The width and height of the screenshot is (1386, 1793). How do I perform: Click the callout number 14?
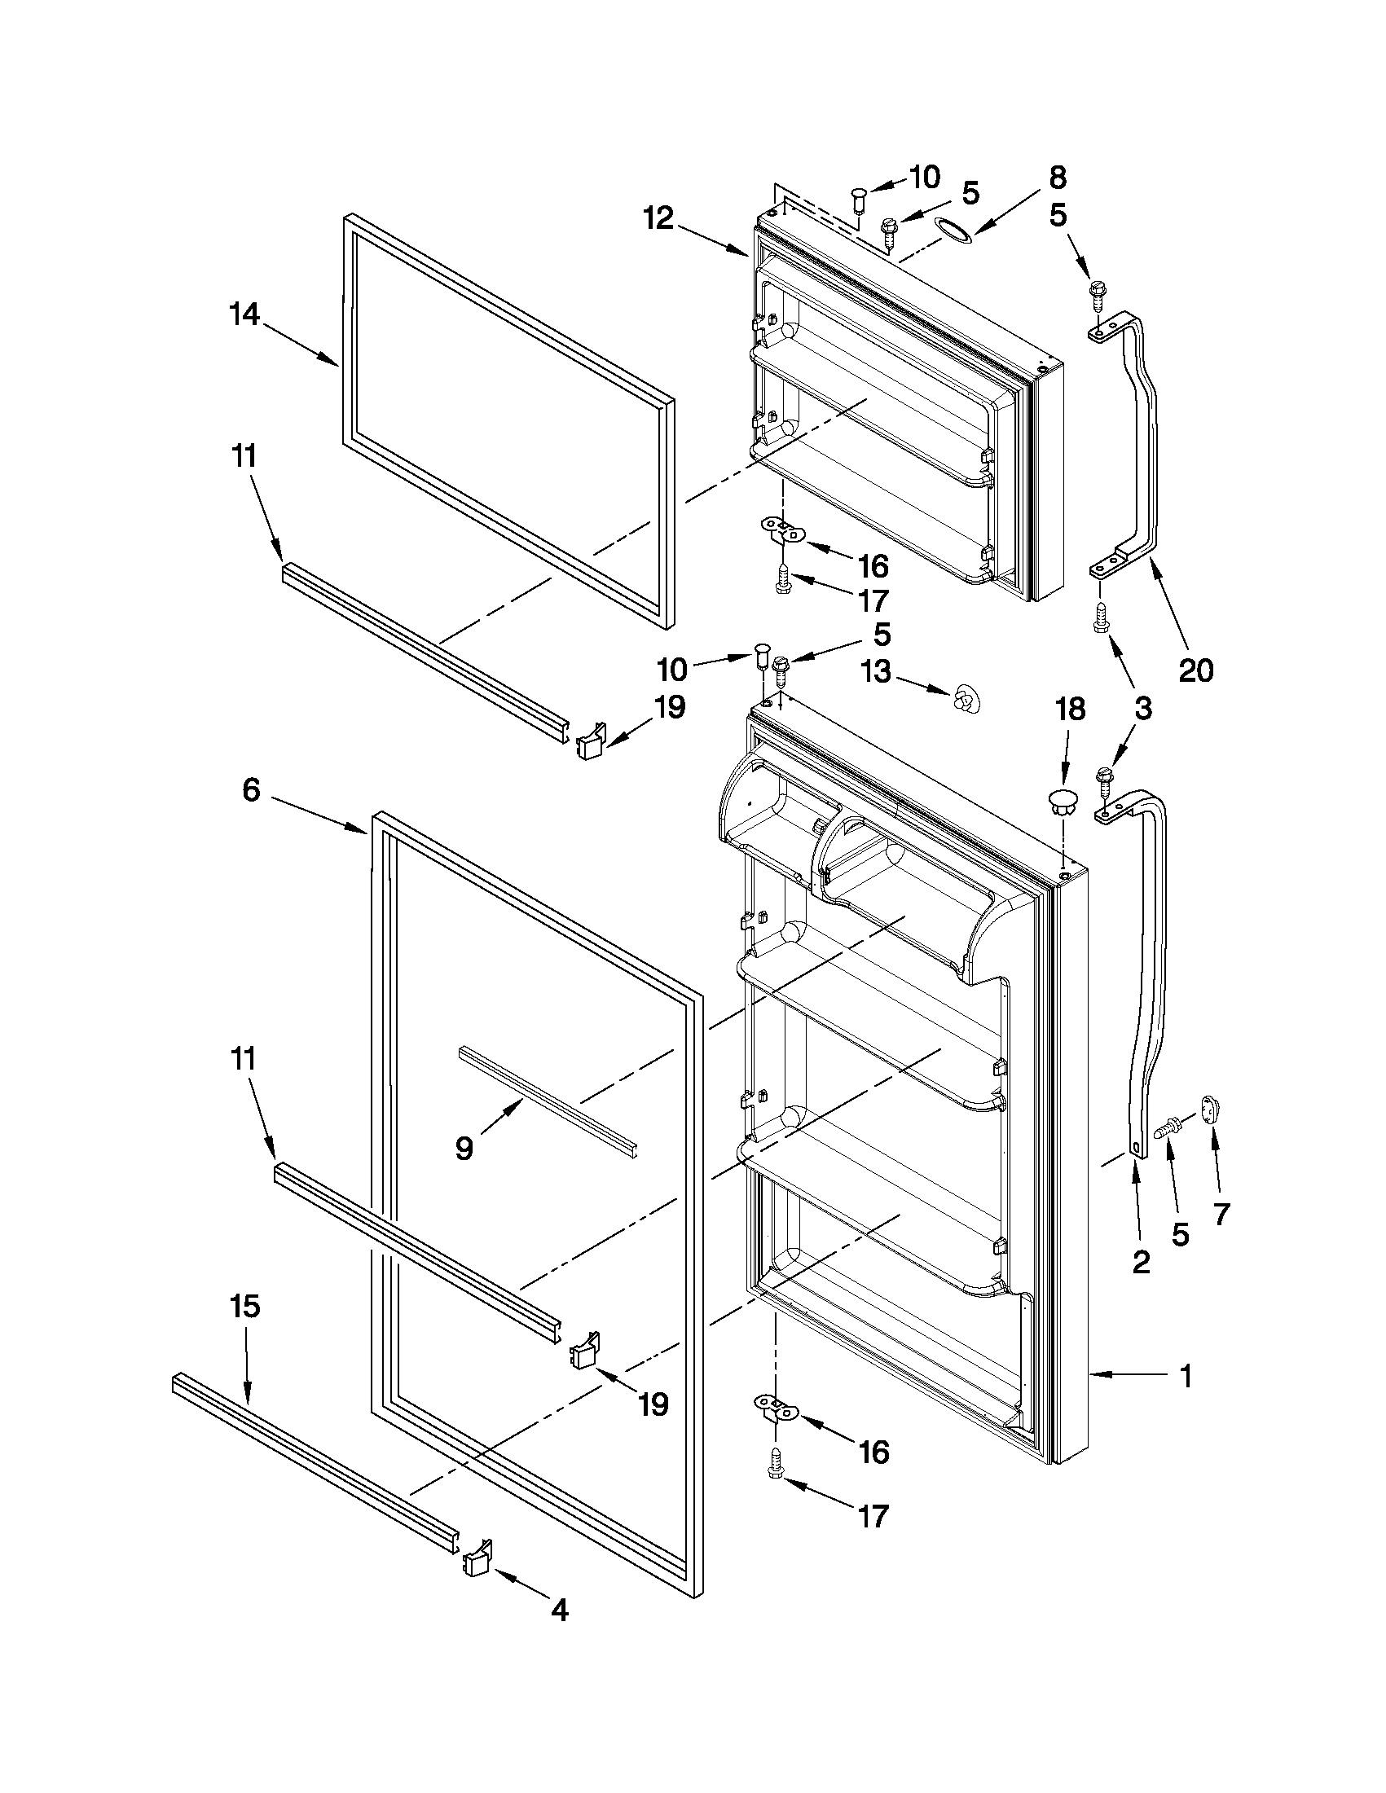coord(244,314)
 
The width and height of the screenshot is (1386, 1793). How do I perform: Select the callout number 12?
coord(658,218)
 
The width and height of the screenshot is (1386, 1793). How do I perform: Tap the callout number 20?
coord(1195,670)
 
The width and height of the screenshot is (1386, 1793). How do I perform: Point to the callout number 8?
coord(1058,177)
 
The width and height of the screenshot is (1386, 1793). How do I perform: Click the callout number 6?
coord(251,790)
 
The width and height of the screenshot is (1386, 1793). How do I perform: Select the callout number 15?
coord(245,1305)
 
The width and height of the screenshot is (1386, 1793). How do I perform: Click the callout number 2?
coord(1141,1263)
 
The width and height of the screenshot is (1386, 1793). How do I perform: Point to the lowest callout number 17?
coord(874,1516)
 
